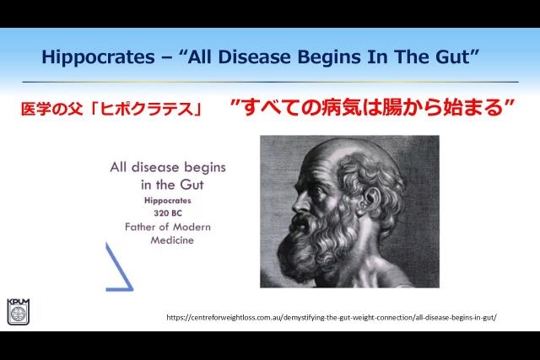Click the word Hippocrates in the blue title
[98, 57]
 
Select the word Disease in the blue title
[255, 56]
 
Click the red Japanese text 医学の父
[52, 109]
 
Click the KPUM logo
[19, 311]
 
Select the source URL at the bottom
[332, 317]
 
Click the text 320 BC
[168, 213]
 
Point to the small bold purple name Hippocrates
[168, 201]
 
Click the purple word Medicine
[172, 240]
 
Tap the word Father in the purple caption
[141, 227]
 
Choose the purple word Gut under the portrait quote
[192, 185]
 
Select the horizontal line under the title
[270, 82]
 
